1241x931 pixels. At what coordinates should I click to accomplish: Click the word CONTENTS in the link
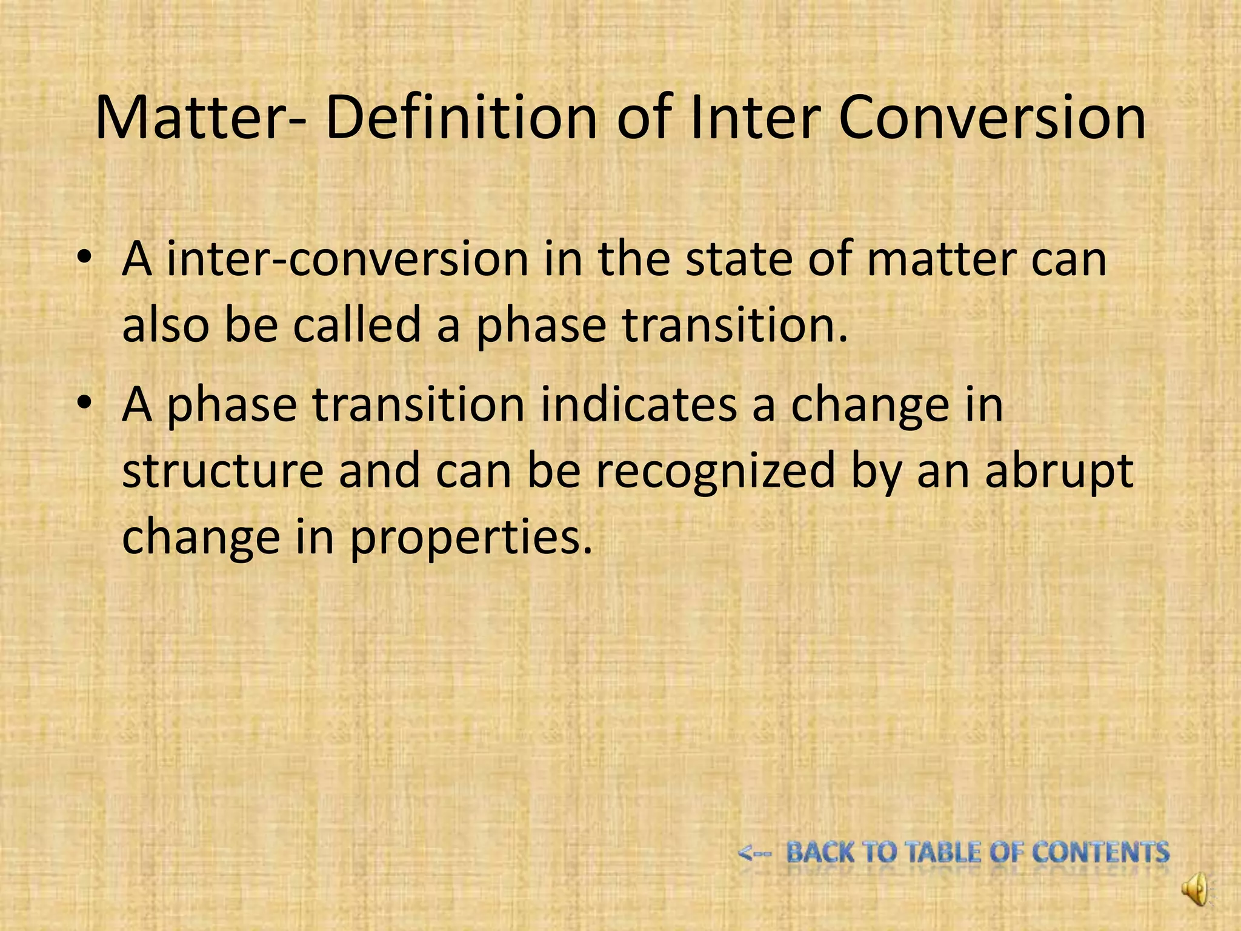click(x=1100, y=852)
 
